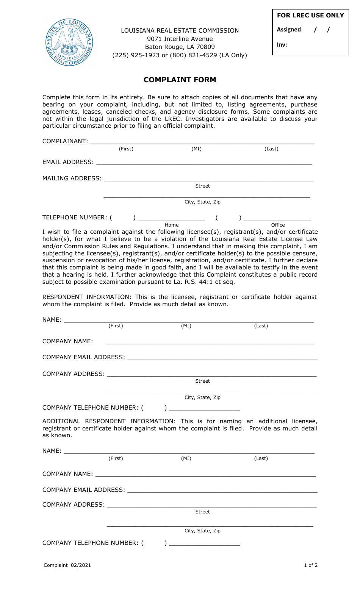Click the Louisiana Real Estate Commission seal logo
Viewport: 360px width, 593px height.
click(69, 42)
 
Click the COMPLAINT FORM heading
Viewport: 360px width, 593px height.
click(180, 80)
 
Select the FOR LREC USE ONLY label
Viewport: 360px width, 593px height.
click(310, 16)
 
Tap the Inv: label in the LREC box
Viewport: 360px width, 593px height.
click(282, 45)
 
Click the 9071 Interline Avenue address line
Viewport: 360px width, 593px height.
click(180, 39)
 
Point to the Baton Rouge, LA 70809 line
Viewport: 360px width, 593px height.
click(180, 47)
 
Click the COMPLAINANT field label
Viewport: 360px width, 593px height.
click(65, 141)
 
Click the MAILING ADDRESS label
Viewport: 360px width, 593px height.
click(72, 178)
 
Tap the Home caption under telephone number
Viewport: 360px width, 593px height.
click(172, 225)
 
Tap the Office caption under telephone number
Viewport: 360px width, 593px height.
click(278, 225)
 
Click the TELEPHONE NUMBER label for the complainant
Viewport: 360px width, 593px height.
click(75, 217)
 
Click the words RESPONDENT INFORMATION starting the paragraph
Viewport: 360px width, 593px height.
click(86, 297)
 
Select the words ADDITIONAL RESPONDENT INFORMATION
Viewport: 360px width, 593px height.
click(109, 421)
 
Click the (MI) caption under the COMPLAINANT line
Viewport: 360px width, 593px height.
click(196, 149)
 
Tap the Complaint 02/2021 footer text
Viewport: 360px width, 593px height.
click(67, 565)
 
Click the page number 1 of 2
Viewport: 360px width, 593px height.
click(311, 565)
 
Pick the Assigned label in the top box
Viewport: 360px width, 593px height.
click(289, 30)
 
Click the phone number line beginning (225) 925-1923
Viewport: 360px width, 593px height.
click(180, 55)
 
